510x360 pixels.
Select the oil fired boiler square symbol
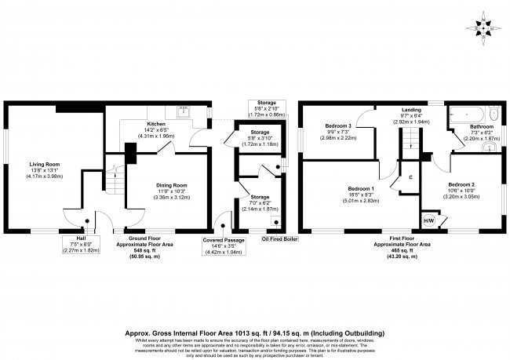pyautogui.click(x=275, y=222)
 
